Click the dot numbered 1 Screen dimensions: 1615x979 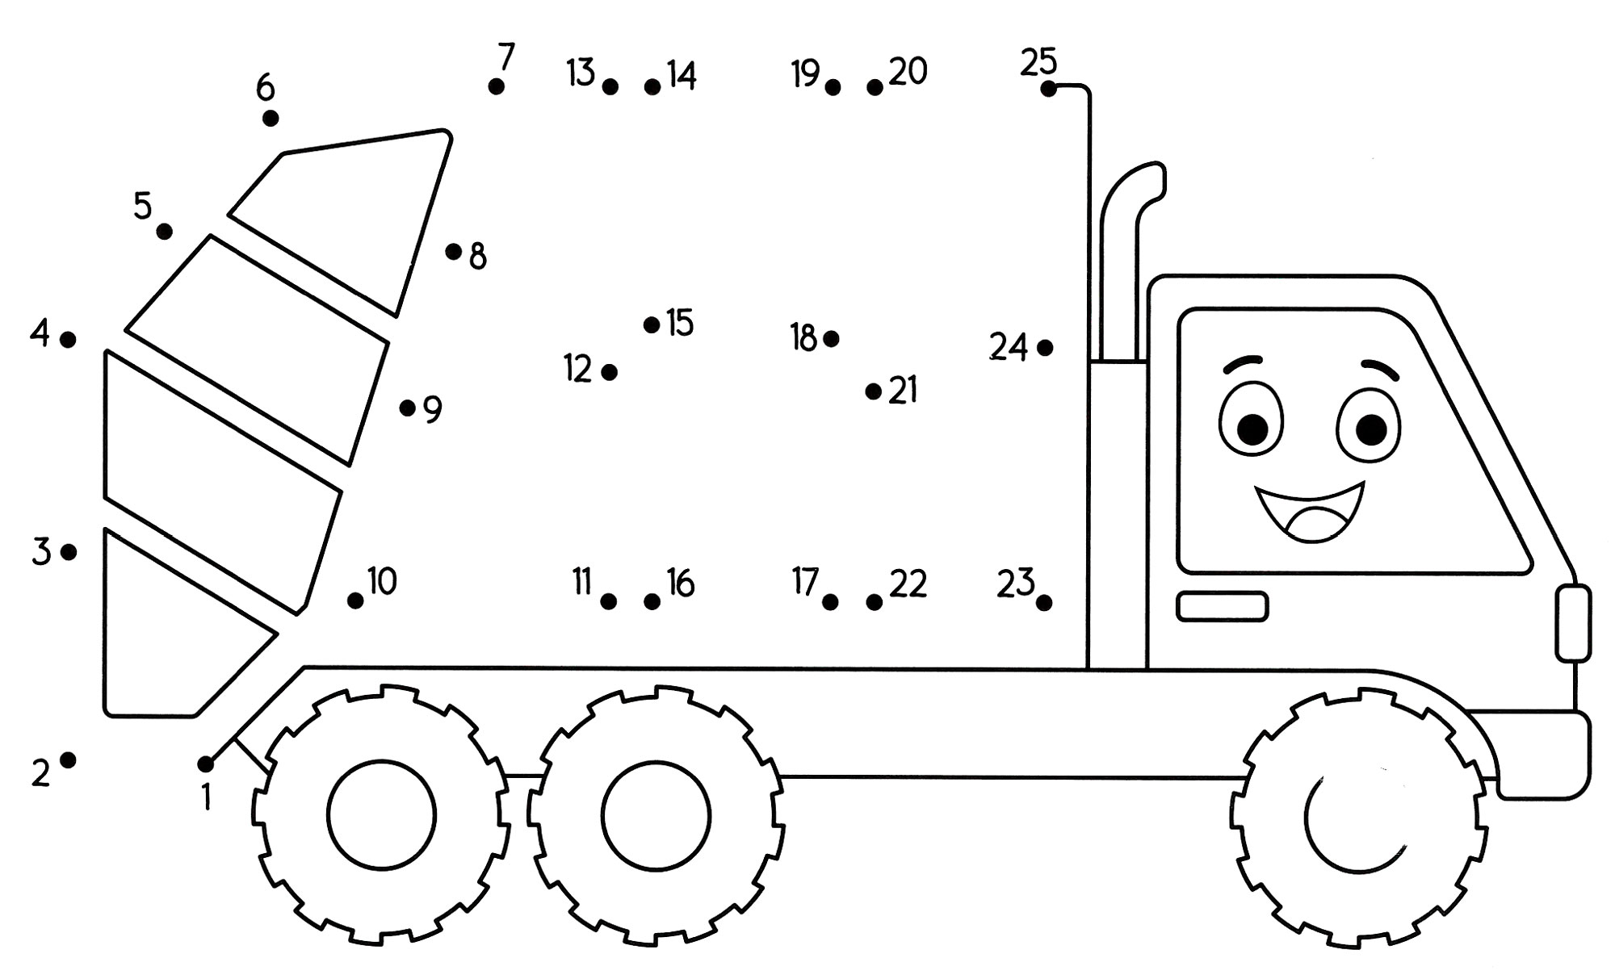(x=205, y=764)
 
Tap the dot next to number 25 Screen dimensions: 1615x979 (x=1048, y=89)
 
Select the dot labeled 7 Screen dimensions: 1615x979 (x=497, y=86)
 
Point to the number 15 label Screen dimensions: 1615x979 (x=680, y=324)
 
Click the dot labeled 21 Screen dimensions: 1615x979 (x=873, y=391)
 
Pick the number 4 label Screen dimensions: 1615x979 (x=40, y=333)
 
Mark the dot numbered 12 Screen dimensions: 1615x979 (x=610, y=372)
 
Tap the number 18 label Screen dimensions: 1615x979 (x=803, y=339)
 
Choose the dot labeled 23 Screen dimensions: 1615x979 (x=1043, y=602)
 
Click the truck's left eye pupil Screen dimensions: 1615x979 (x=1252, y=429)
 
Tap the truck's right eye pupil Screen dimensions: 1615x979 (x=1370, y=429)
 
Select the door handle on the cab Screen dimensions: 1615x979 (x=1222, y=606)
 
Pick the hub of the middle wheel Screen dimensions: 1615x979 (x=656, y=815)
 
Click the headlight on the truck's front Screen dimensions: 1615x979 (x=1573, y=622)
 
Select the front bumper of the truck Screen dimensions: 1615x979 (x=1542, y=755)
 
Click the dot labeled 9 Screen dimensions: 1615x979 (x=407, y=408)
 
